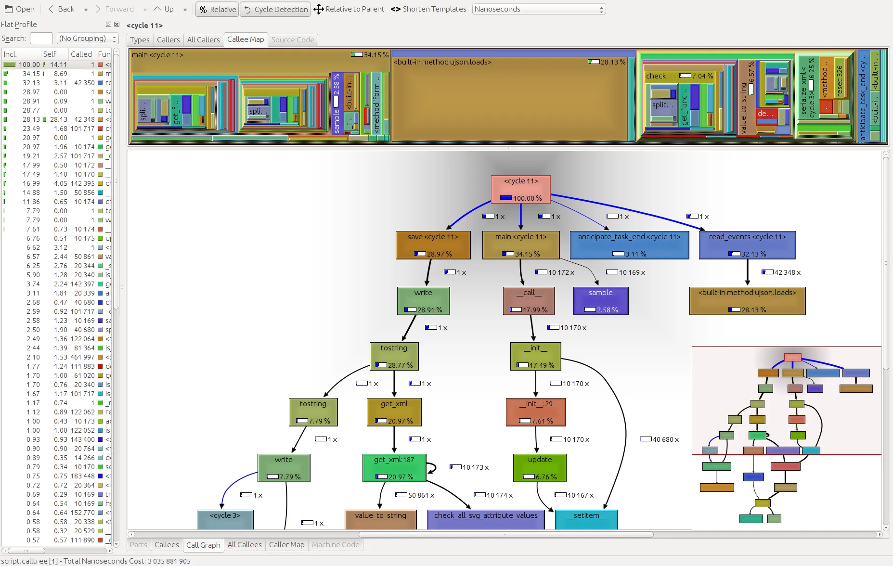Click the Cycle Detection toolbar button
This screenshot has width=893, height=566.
[x=275, y=9]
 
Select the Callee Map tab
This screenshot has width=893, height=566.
[x=246, y=39]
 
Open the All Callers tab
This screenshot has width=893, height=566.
[x=203, y=40]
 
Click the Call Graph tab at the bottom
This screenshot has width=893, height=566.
[x=203, y=545]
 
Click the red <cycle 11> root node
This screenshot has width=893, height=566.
[x=521, y=189]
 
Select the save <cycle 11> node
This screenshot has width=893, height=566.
[x=433, y=245]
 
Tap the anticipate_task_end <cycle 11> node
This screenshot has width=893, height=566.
[x=629, y=245]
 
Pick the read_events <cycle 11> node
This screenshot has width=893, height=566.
[x=747, y=245]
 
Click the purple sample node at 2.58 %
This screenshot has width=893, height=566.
[x=600, y=301]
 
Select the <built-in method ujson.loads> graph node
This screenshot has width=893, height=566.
[x=747, y=301]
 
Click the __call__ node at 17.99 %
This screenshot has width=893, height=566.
[x=529, y=301]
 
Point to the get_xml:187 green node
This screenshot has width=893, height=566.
[x=394, y=468]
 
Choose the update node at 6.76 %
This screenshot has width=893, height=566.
[x=540, y=468]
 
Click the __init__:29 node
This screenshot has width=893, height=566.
[x=536, y=412]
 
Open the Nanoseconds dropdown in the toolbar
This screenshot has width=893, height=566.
[x=539, y=9]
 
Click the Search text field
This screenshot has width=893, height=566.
[x=41, y=39]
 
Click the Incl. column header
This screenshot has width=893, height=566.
[x=11, y=54]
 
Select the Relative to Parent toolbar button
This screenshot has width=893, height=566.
[x=349, y=9]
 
